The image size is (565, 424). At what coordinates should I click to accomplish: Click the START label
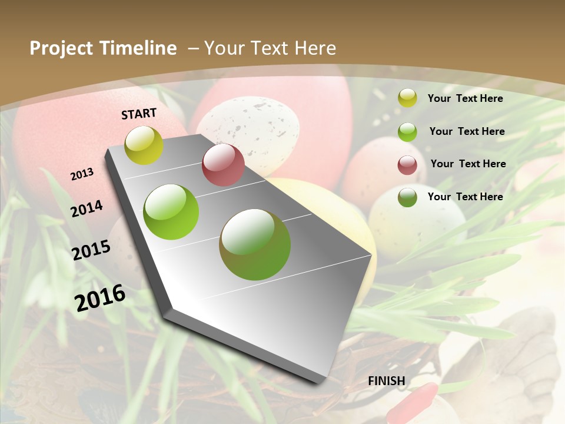pos(139,114)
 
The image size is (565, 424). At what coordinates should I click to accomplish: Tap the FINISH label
pos(386,381)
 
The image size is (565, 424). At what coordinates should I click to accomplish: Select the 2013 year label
pos(82,174)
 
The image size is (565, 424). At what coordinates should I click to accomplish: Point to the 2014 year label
pos(87,208)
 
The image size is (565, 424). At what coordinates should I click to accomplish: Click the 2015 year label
pos(91,250)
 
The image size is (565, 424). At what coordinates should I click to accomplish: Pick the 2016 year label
pos(100,297)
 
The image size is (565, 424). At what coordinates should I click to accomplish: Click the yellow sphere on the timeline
pos(144,145)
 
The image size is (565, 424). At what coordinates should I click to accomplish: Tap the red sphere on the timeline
pos(223,165)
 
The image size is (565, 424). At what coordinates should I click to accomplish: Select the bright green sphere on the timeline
pos(171,212)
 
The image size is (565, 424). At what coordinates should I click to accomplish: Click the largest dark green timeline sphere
pos(255,244)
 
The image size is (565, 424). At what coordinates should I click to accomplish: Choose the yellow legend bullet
pos(407,98)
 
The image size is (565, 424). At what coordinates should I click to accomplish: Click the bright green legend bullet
pos(407,132)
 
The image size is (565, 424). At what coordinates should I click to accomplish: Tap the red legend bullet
pos(407,165)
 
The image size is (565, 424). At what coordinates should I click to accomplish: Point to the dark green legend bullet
pos(407,197)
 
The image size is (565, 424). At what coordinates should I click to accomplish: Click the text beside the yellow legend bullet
pos(465,98)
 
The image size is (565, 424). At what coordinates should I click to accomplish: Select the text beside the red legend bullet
pos(468,164)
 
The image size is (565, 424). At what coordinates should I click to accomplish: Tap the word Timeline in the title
pos(139,48)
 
